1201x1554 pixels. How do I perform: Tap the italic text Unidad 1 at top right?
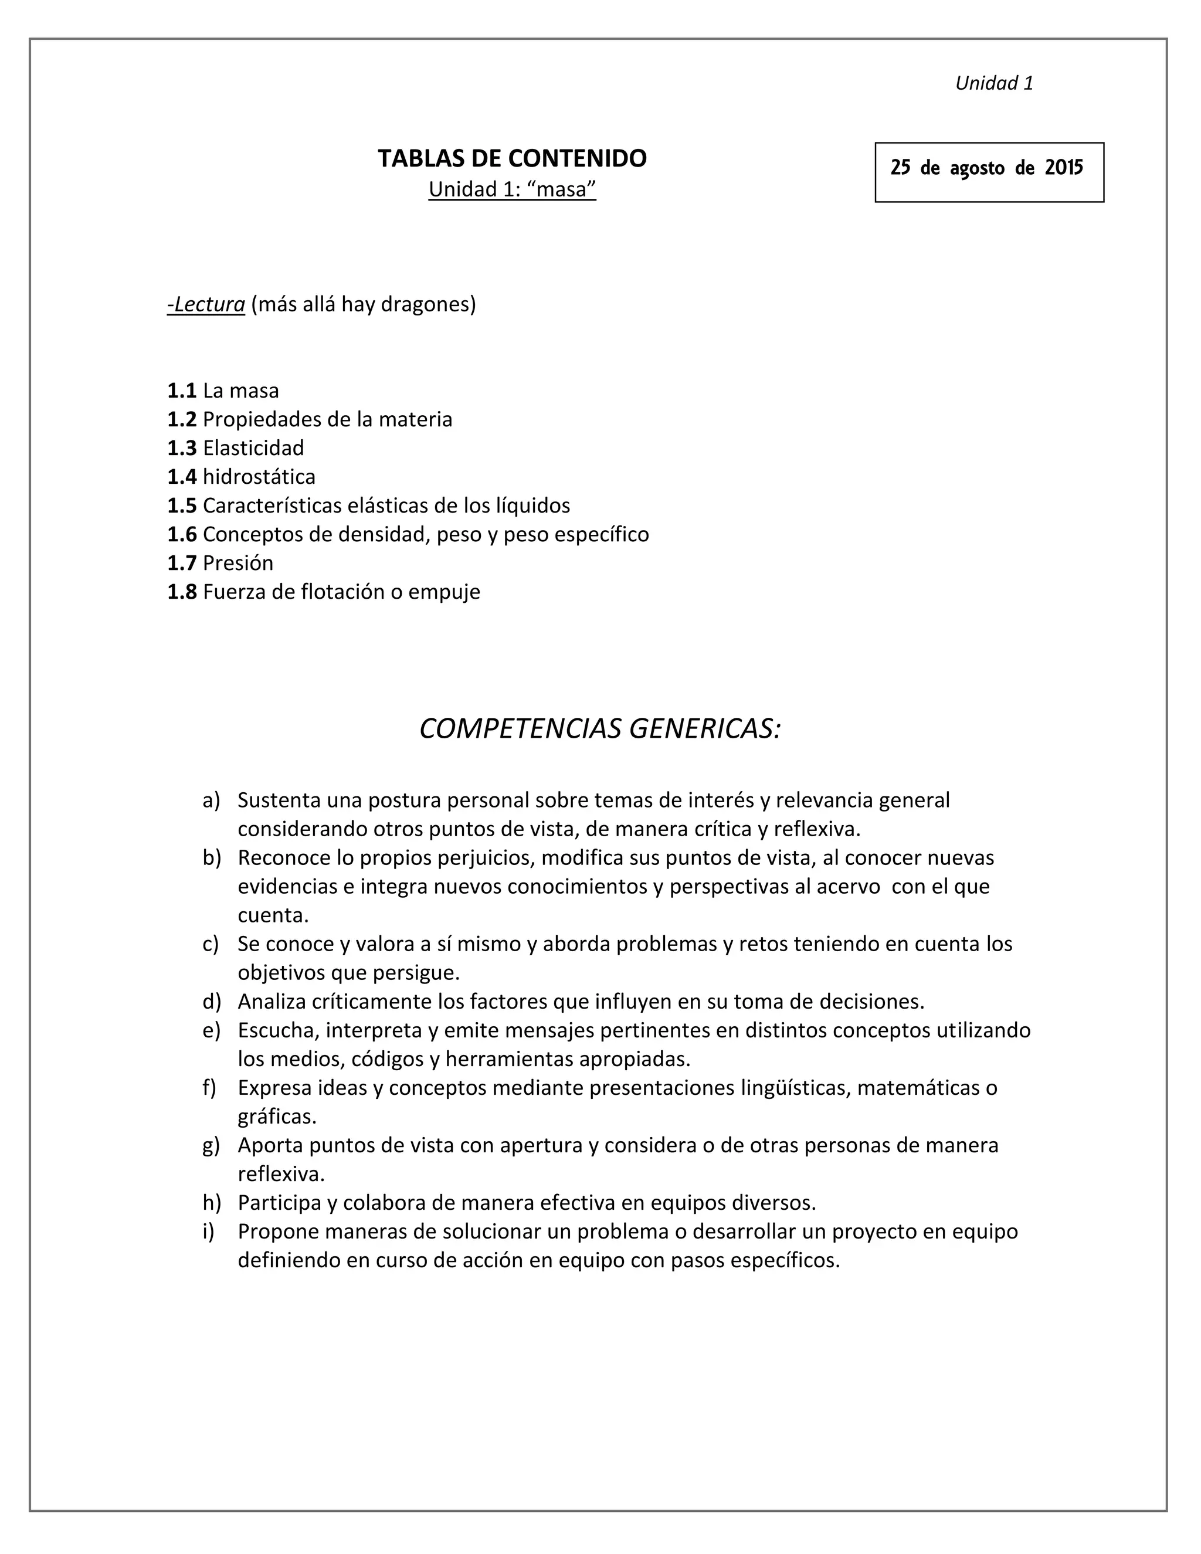pyautogui.click(x=993, y=83)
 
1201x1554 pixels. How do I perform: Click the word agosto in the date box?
pyautogui.click(x=977, y=169)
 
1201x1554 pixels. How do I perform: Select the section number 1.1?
pyautogui.click(x=181, y=391)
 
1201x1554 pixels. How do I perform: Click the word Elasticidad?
pyautogui.click(x=253, y=447)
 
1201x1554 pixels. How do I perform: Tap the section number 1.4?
pyautogui.click(x=181, y=477)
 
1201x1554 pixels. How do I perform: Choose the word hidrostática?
pyautogui.click(x=259, y=477)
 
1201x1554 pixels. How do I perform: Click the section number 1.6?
pyautogui.click(x=181, y=534)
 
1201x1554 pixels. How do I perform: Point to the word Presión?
pyautogui.click(x=238, y=563)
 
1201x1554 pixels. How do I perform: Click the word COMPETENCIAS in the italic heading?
pyautogui.click(x=521, y=728)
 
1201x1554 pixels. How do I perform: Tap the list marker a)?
pyautogui.click(x=211, y=800)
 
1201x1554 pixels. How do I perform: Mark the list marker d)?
pyautogui.click(x=211, y=1002)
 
